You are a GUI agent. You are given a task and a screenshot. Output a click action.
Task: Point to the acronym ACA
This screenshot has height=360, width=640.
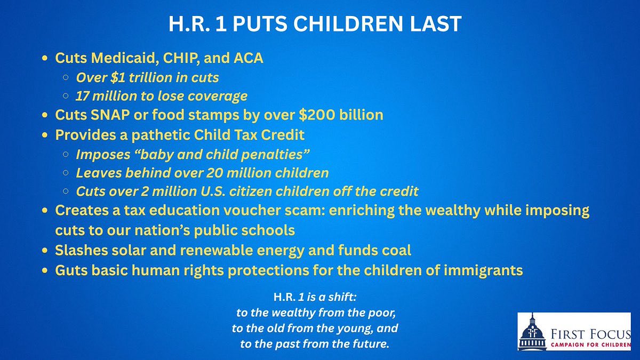click(245, 58)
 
